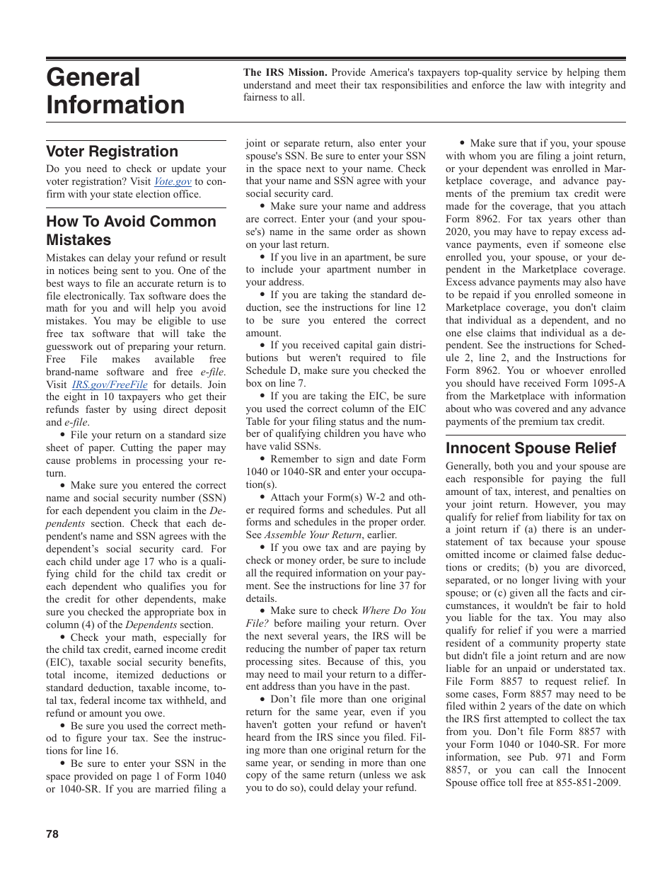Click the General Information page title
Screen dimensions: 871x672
115,91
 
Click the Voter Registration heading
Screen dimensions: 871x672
112,152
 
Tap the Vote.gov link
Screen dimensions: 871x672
173,182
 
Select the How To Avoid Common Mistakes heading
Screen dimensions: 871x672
131,230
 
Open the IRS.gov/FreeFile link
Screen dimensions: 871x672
110,385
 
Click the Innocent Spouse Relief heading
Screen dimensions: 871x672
531,448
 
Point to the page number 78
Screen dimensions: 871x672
52,834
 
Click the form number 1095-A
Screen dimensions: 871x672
606,383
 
